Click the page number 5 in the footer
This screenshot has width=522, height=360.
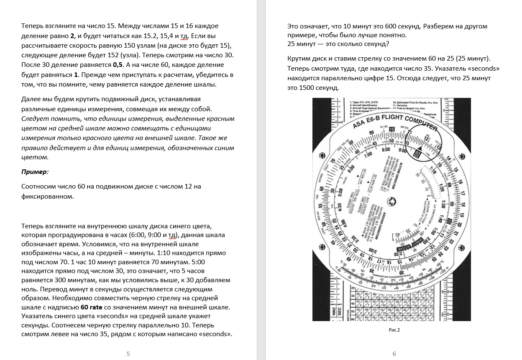tap(128, 354)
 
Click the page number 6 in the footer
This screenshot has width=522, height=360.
tap(394, 354)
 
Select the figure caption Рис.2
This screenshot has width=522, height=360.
tap(394, 330)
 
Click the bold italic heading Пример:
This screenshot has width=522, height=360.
tap(35, 171)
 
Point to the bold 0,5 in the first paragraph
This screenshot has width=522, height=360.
tap(118, 65)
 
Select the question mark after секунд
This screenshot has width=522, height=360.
tap(388, 44)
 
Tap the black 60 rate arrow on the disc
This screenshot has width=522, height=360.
tap(417, 153)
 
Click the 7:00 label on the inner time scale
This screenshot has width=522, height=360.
tap(368, 155)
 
